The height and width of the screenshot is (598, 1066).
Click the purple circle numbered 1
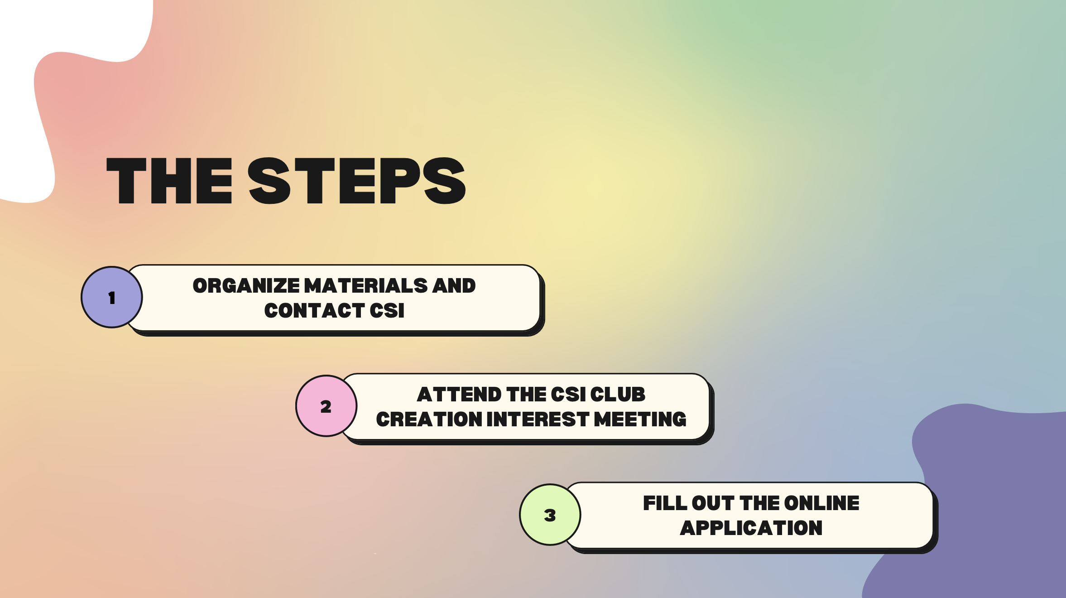click(x=112, y=297)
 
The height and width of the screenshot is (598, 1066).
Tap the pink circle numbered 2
click(x=326, y=406)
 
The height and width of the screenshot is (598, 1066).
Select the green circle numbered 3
click(x=550, y=515)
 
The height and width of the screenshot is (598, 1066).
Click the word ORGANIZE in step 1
click(x=246, y=286)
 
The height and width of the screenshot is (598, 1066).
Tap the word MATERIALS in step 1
click(x=366, y=286)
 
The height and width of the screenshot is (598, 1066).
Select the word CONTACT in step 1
click(x=314, y=311)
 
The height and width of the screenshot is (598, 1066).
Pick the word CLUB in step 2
click(x=618, y=395)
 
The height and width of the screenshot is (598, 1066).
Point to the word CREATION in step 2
click(x=429, y=420)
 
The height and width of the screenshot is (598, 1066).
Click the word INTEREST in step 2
click(x=538, y=420)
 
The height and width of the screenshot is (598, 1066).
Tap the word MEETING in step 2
click(x=640, y=420)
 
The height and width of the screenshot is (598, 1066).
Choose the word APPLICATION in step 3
click(x=751, y=528)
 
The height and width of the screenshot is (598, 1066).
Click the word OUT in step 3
click(x=713, y=503)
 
